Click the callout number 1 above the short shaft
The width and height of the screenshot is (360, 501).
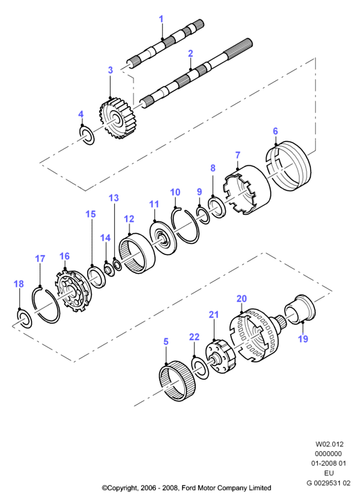[161, 19]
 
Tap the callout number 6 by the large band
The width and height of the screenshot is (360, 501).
[276, 131]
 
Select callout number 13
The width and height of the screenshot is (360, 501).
[114, 197]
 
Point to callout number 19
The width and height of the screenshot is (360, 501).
[303, 339]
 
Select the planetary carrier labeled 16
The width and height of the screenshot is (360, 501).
[73, 291]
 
